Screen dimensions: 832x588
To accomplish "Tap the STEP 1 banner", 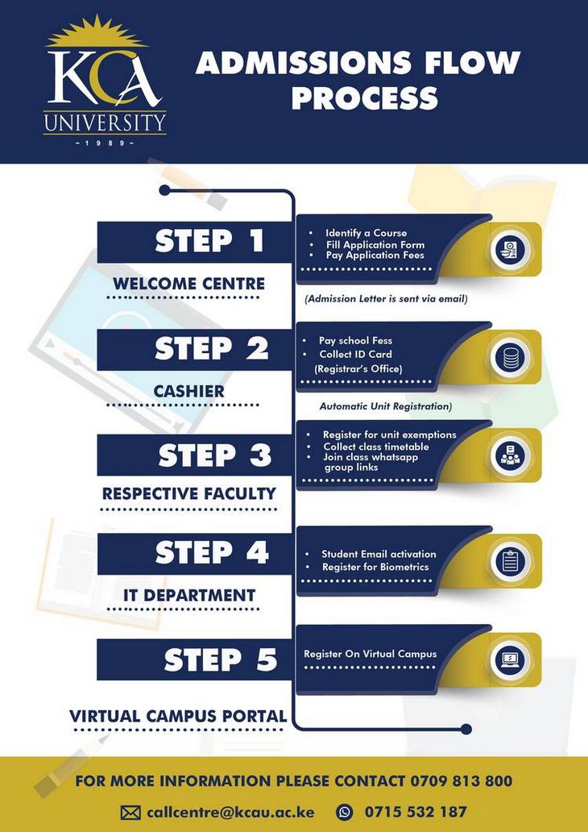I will click(193, 242).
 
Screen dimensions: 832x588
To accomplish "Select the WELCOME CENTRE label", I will click(188, 284).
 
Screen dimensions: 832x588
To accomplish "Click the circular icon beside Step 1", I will click(508, 249).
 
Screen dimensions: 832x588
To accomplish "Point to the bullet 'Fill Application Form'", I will click(375, 244).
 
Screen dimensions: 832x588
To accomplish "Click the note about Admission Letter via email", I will click(386, 299).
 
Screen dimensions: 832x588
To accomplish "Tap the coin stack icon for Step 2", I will click(508, 356).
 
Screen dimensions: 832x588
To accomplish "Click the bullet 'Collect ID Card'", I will click(355, 354).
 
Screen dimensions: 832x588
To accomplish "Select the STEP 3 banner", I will click(193, 456).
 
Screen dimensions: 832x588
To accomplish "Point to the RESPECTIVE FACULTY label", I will click(188, 493).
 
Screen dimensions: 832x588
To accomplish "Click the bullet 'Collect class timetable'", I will click(375, 447).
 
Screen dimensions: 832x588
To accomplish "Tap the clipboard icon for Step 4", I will click(508, 561).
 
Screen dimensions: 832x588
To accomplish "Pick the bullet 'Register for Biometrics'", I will click(375, 568).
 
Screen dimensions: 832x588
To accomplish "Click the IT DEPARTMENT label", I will click(189, 596).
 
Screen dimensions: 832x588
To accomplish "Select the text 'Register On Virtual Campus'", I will click(370, 654).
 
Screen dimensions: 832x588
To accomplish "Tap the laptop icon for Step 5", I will click(508, 660).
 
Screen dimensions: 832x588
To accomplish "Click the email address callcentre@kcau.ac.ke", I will click(230, 812).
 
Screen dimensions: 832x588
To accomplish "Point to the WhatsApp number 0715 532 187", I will click(415, 812).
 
